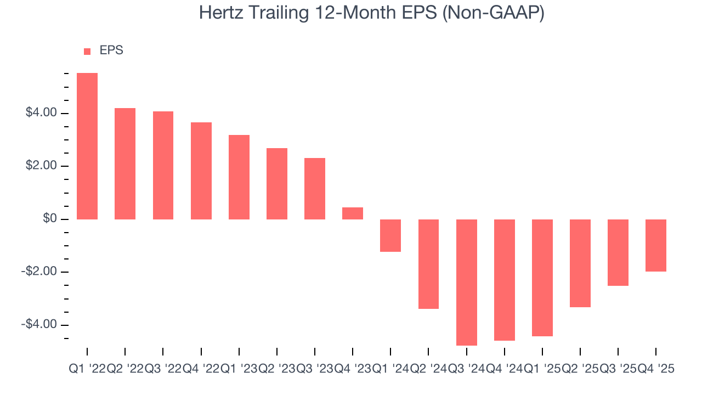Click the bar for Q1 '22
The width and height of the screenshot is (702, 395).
(87, 146)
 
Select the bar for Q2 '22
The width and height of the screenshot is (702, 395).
(125, 163)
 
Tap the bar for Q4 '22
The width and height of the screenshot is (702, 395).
(201, 171)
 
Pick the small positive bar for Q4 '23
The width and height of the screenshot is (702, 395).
(353, 213)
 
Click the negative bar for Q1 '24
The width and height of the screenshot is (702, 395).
(390, 235)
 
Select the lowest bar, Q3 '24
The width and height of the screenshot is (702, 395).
(467, 282)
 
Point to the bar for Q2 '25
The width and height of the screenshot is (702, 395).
(580, 263)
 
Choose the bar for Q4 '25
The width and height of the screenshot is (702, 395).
(656, 245)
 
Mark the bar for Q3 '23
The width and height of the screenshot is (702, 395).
(315, 189)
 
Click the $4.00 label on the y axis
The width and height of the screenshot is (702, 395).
(41, 113)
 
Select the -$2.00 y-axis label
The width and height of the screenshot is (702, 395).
(39, 272)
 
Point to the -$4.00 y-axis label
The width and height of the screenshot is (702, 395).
(39, 324)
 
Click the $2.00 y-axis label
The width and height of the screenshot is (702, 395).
(41, 166)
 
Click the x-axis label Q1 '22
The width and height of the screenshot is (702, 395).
(87, 369)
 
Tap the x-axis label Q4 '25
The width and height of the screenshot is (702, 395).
(655, 369)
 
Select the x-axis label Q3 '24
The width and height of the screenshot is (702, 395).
(466, 369)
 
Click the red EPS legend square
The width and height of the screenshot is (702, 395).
(87, 52)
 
